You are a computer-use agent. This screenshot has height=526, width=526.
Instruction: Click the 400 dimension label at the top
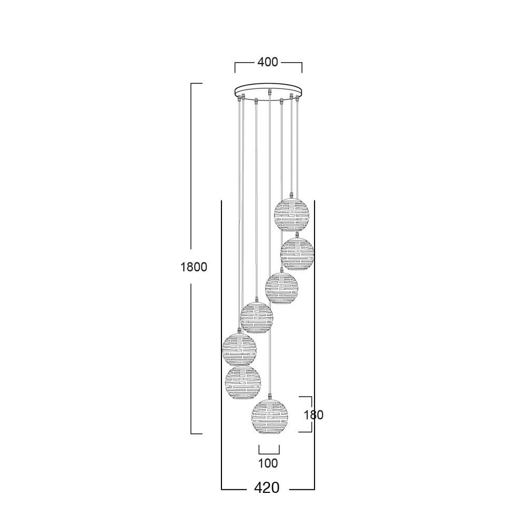point(268,62)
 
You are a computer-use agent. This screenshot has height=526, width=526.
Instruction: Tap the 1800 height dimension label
point(194,267)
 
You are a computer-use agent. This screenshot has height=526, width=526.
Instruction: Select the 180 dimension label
point(313,415)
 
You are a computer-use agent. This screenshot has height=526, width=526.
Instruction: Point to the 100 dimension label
point(268,463)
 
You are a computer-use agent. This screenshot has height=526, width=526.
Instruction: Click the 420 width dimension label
point(267,488)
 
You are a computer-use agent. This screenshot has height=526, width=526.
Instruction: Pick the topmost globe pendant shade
point(292,215)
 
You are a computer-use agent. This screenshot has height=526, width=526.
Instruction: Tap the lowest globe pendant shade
point(270,417)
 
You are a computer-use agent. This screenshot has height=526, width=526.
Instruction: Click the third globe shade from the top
point(281,288)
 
